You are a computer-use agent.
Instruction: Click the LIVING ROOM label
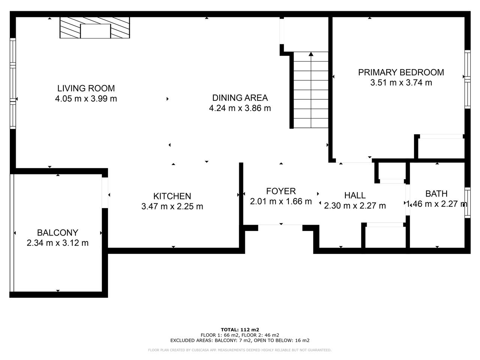[86, 88]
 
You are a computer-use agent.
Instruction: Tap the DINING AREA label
[240, 98]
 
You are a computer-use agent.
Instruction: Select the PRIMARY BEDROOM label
[401, 72]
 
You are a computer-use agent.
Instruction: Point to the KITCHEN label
[172, 196]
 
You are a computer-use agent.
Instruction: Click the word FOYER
[281, 191]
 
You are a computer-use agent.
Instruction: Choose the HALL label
[355, 195]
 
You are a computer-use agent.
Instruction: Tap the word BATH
[436, 193]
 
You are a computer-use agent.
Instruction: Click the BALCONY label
[57, 232]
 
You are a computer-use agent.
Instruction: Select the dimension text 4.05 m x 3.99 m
[86, 99]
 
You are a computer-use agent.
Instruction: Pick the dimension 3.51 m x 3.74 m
[401, 82]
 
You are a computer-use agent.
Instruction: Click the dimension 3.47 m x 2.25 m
[172, 206]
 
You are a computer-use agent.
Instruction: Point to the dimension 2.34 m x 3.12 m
[57, 243]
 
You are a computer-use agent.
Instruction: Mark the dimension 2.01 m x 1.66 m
[281, 201]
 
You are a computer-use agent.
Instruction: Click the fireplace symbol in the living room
[95, 28]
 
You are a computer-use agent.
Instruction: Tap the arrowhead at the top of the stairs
[311, 54]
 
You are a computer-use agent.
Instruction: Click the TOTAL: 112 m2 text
[240, 330]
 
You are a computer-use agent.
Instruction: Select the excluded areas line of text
[240, 340]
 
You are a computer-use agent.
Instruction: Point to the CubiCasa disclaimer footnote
[240, 350]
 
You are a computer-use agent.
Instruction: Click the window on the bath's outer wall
[467, 202]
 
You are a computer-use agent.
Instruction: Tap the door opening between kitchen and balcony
[105, 193]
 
